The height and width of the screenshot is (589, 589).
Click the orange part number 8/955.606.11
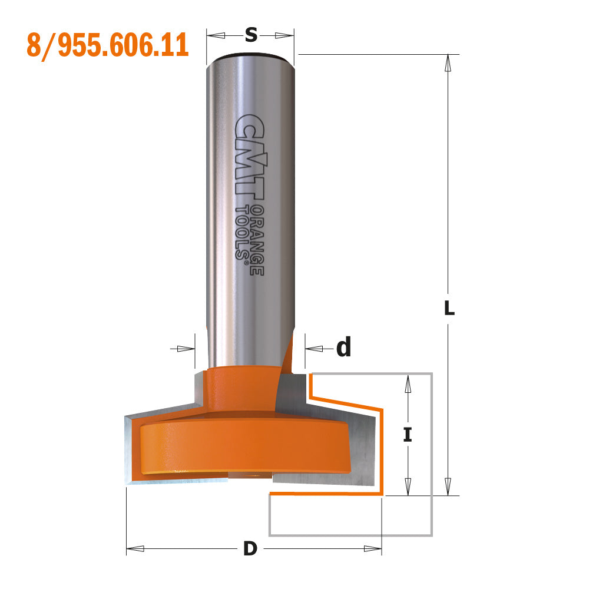107,45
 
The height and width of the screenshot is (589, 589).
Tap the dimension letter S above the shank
251,36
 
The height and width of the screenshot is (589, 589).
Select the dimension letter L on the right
449,308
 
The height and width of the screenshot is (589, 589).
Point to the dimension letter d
343,349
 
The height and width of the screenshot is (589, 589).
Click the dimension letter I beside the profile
407,435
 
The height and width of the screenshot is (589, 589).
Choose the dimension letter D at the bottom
250,549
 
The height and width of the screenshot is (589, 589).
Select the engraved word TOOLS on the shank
241,232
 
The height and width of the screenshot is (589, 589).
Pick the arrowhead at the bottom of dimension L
449,487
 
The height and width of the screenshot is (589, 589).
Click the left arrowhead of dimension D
135,549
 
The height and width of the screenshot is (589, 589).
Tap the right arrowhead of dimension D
373,549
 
